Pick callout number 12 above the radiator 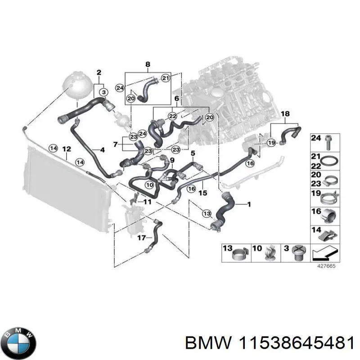pos(66,149)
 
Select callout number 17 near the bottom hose pos(141,237)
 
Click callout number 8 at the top pos(147,65)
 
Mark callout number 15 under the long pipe pos(202,193)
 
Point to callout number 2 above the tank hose pos(99,72)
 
